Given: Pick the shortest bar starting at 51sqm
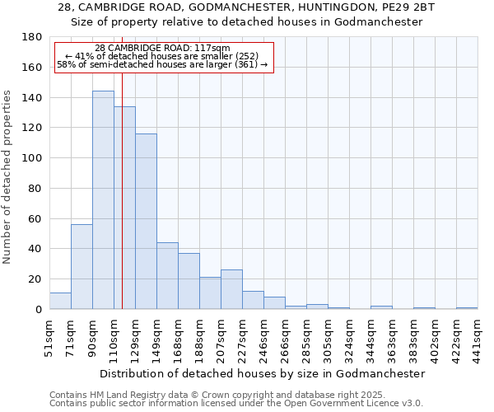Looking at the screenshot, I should click(60, 301).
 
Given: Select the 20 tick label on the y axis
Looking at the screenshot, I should click(35, 279).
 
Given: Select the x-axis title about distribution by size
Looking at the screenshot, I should click(263, 373).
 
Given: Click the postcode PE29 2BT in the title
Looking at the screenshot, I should click(405, 7).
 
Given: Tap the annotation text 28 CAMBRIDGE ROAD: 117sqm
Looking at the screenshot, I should click(162, 48).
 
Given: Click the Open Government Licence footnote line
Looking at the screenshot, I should click(235, 403).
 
